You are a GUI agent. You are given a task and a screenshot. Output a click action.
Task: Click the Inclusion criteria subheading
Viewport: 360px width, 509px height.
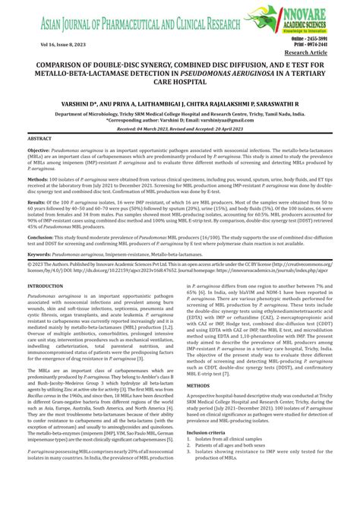[x=211, y=454]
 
